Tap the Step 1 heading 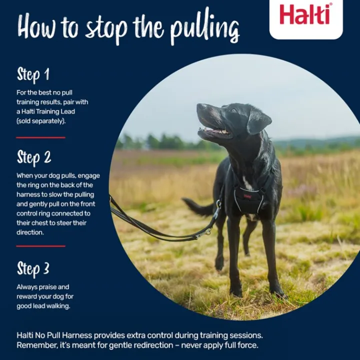33,74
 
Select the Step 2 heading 34,158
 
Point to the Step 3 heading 33,269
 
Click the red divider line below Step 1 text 40,138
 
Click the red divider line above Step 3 40,246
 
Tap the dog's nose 201,106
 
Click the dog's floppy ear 258,121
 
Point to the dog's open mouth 214,131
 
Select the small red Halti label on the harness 247,196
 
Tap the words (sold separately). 41,121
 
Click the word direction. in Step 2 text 30,232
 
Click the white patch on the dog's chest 247,183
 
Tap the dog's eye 233,110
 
